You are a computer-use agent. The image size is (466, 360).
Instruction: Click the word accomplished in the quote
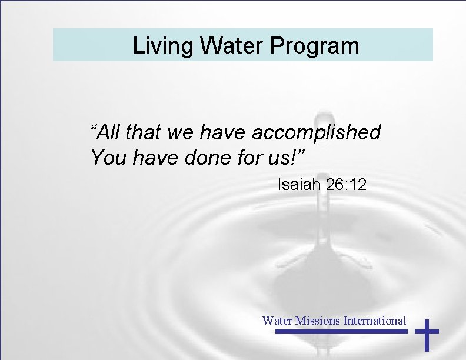(x=317, y=133)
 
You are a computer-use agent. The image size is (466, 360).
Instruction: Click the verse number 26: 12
(x=347, y=185)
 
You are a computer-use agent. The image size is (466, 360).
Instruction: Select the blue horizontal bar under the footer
(x=341, y=332)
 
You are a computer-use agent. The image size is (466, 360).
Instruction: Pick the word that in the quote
(x=144, y=133)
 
